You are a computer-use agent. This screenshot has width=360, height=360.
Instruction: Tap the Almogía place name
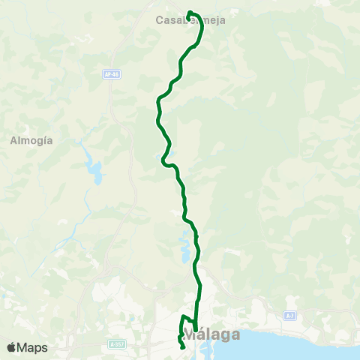pos(31,140)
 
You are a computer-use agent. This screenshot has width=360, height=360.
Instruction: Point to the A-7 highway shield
pos(289,316)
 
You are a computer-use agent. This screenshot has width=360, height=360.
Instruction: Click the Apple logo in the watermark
pos(11,347)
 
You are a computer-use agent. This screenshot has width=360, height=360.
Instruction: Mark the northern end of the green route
pos(189,13)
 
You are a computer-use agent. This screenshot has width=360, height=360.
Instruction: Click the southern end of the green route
pos(184,347)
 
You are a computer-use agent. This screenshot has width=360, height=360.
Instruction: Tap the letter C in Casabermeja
pos(159,20)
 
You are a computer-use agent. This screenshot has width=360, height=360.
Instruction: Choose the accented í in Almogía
pos(43,140)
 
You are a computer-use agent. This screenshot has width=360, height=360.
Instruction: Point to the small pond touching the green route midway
pos(162,158)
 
